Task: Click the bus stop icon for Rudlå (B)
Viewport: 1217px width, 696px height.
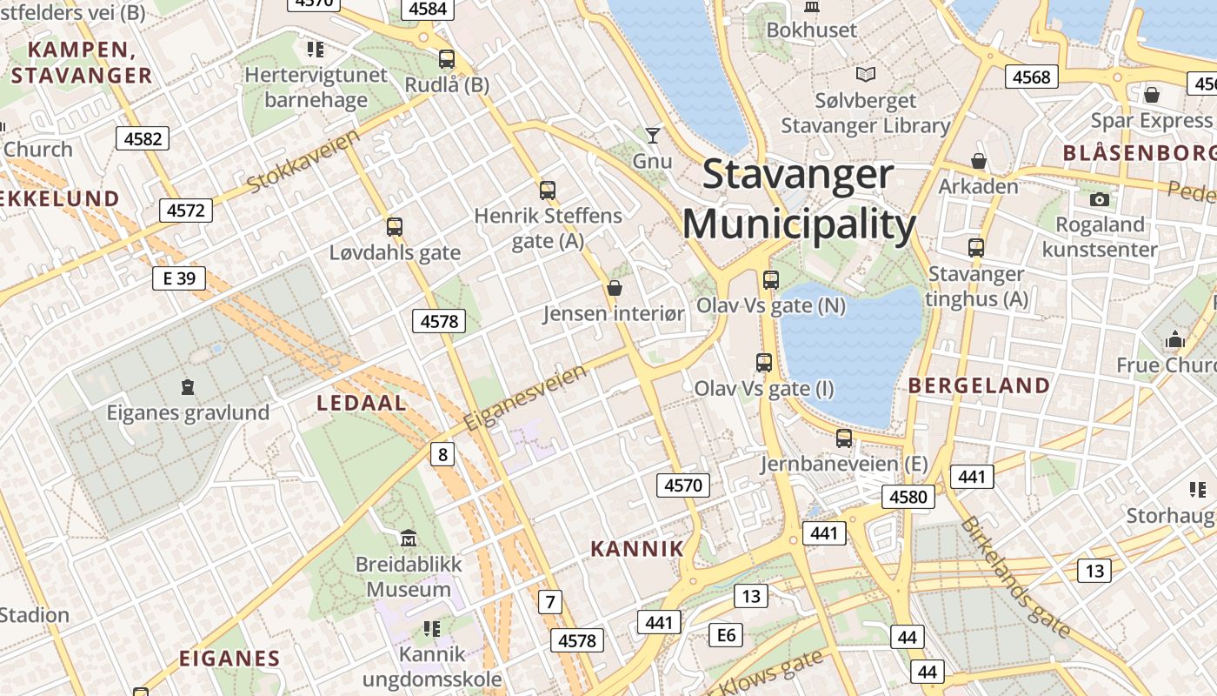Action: [447, 59]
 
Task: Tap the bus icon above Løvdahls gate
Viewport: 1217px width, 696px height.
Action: [395, 227]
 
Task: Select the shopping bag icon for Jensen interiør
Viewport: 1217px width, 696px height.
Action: [615, 287]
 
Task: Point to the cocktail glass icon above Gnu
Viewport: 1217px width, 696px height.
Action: [652, 135]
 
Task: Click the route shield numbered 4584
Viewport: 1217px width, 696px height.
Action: [427, 9]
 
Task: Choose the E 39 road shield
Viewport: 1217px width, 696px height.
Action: [179, 278]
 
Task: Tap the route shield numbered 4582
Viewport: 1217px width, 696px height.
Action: [143, 138]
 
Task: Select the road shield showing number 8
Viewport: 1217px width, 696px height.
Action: [442, 453]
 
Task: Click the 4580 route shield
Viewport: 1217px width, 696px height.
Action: [908, 497]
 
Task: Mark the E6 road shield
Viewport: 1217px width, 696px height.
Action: [726, 635]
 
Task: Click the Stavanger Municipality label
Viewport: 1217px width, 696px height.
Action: [799, 199]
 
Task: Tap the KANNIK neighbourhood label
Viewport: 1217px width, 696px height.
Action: [637, 549]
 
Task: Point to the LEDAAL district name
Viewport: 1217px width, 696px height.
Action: [362, 403]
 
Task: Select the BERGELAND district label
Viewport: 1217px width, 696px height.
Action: [979, 385]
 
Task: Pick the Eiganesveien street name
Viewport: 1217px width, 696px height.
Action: [525, 398]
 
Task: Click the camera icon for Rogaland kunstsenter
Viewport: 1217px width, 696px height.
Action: [1100, 199]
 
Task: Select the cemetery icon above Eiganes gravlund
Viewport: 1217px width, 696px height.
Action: [187, 386]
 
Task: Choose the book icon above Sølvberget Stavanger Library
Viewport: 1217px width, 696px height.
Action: [866, 75]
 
